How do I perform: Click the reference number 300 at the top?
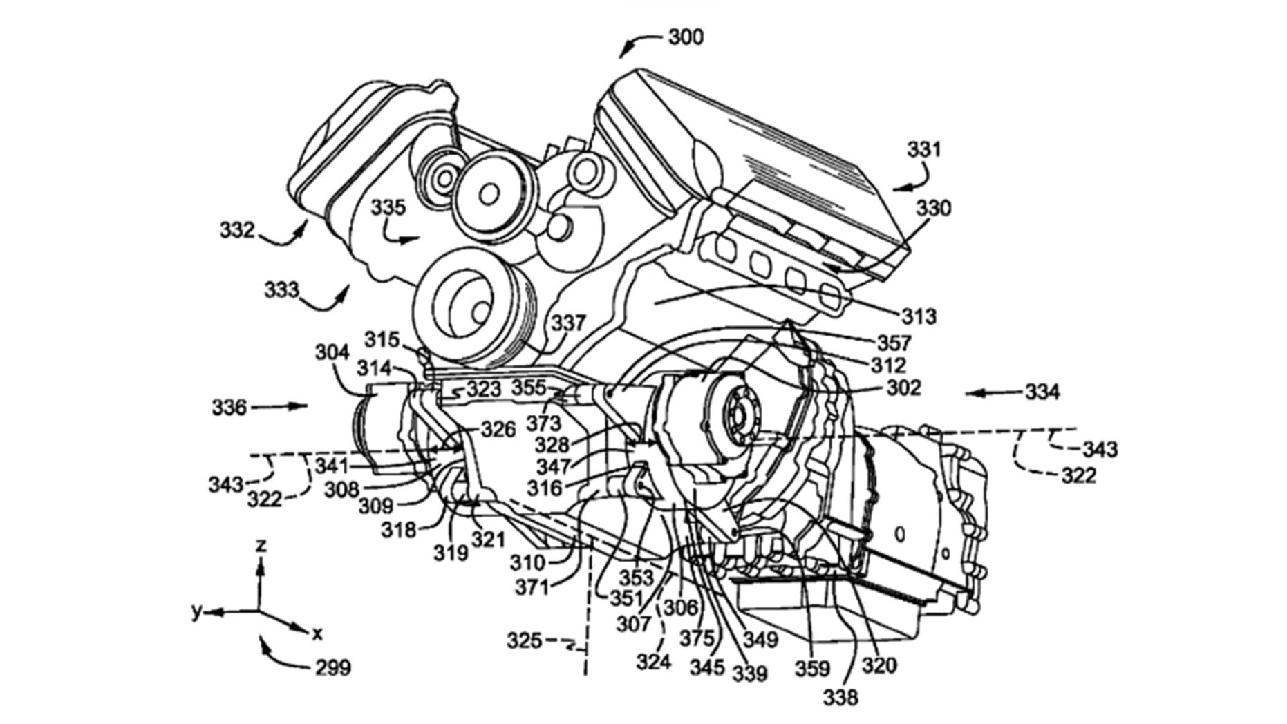(686, 36)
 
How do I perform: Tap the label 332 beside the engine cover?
(238, 229)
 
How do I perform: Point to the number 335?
(388, 207)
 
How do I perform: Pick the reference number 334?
(1041, 392)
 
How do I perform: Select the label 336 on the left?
(229, 408)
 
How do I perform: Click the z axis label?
(261, 546)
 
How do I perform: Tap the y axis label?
(198, 611)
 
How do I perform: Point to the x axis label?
(317, 633)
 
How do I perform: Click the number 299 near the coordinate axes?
(333, 667)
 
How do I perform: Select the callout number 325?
(525, 641)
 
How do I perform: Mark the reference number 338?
(840, 698)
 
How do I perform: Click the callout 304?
(332, 353)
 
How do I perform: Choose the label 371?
(532, 587)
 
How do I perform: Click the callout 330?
(933, 208)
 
